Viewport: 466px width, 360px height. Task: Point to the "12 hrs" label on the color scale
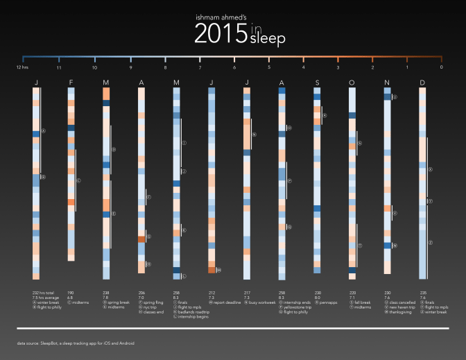tap(22, 67)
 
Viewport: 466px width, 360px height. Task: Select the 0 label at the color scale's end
tap(442, 67)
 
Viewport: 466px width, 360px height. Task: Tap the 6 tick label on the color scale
tap(234, 67)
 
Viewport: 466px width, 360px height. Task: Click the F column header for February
tap(71, 83)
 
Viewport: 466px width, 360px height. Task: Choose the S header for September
tap(317, 83)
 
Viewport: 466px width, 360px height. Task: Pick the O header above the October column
tap(352, 83)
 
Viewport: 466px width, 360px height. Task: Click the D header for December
tap(423, 83)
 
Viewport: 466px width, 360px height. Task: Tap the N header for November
tap(387, 83)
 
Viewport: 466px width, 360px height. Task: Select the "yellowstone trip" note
tap(297, 307)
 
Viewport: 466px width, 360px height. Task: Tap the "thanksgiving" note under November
tap(402, 311)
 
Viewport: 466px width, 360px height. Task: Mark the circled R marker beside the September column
tap(324, 116)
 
